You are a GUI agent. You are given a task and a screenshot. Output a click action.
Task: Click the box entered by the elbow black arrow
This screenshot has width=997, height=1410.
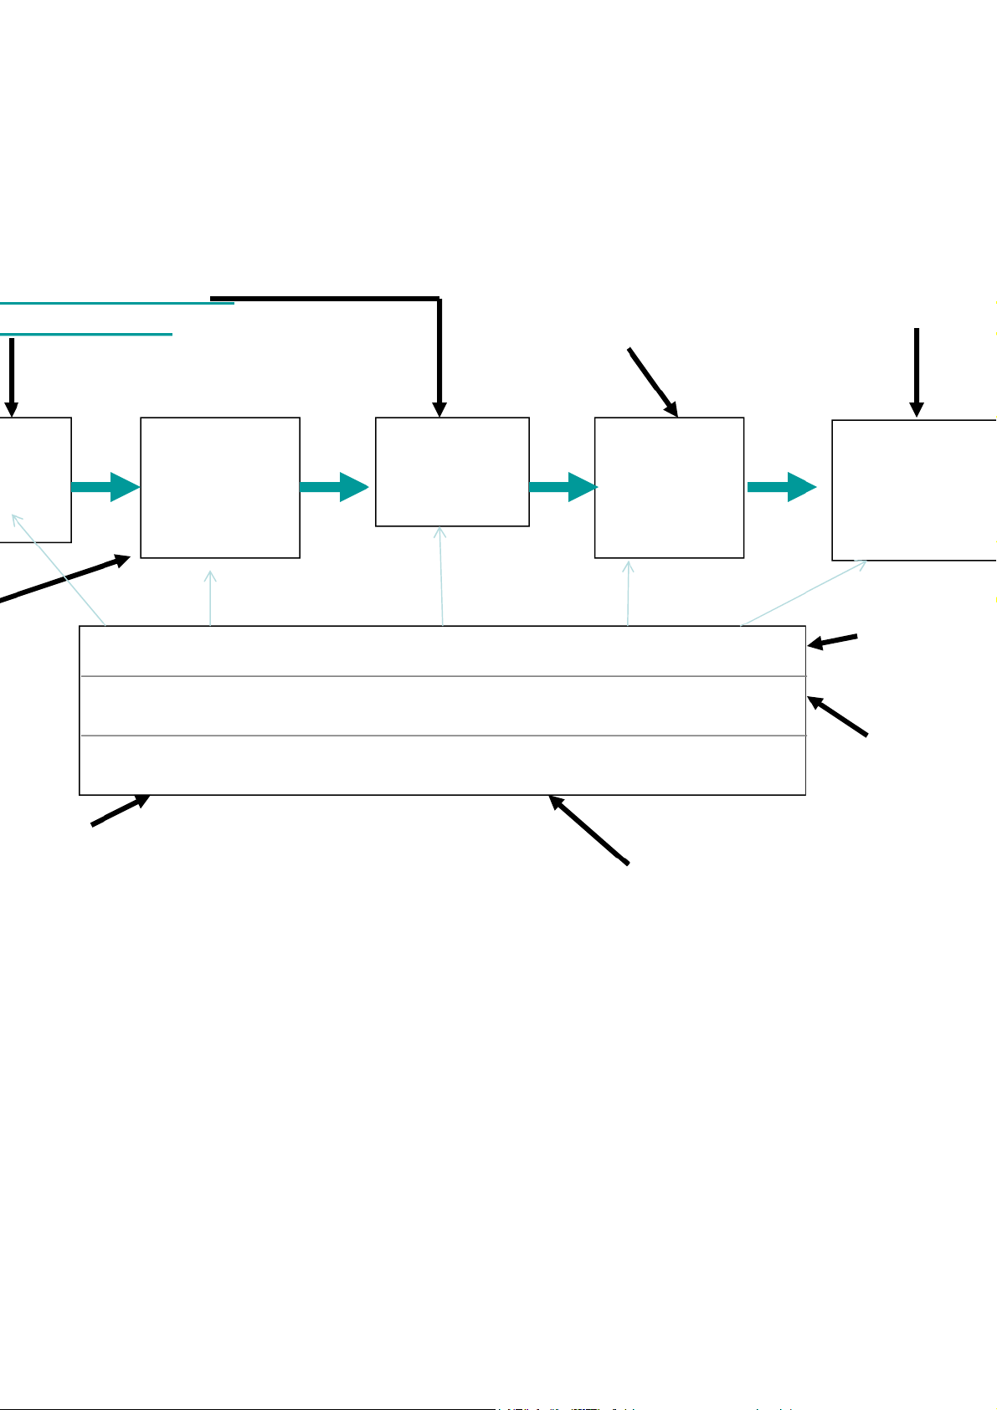(452, 472)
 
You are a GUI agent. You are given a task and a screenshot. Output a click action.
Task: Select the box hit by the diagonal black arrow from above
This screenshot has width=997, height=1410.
(669, 487)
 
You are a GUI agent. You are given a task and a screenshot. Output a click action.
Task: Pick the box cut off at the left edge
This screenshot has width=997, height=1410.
(35, 479)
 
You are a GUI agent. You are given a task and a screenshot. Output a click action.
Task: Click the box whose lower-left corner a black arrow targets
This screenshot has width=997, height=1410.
(220, 487)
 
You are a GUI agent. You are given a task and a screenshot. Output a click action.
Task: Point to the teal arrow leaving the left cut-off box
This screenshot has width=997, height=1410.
(105, 487)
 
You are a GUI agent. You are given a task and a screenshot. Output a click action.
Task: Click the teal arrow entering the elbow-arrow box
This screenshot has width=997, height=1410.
(334, 487)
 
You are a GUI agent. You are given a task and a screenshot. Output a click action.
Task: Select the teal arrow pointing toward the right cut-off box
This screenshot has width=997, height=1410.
(781, 487)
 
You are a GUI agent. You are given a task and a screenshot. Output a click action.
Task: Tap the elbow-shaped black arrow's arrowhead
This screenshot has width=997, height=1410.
(439, 408)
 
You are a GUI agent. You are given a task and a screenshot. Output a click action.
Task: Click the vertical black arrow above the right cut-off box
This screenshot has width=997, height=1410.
(917, 372)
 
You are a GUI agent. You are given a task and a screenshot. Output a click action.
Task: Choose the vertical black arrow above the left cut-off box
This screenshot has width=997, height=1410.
(11, 377)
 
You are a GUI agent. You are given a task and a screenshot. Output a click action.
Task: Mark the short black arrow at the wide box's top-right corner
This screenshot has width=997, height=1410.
(833, 641)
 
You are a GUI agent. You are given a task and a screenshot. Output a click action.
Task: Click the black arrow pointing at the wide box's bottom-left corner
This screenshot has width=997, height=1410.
(121, 810)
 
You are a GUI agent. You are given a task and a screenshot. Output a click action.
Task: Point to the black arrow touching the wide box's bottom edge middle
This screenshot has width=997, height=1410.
(588, 829)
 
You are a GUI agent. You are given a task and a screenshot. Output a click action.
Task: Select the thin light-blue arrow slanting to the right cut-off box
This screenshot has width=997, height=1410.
(804, 592)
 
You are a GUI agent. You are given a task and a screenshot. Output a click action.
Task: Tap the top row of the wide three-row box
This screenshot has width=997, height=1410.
(442, 651)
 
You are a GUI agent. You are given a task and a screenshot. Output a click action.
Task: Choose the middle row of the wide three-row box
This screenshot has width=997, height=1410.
(442, 705)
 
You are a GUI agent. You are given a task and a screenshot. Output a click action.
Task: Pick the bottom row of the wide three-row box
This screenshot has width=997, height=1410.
(442, 765)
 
